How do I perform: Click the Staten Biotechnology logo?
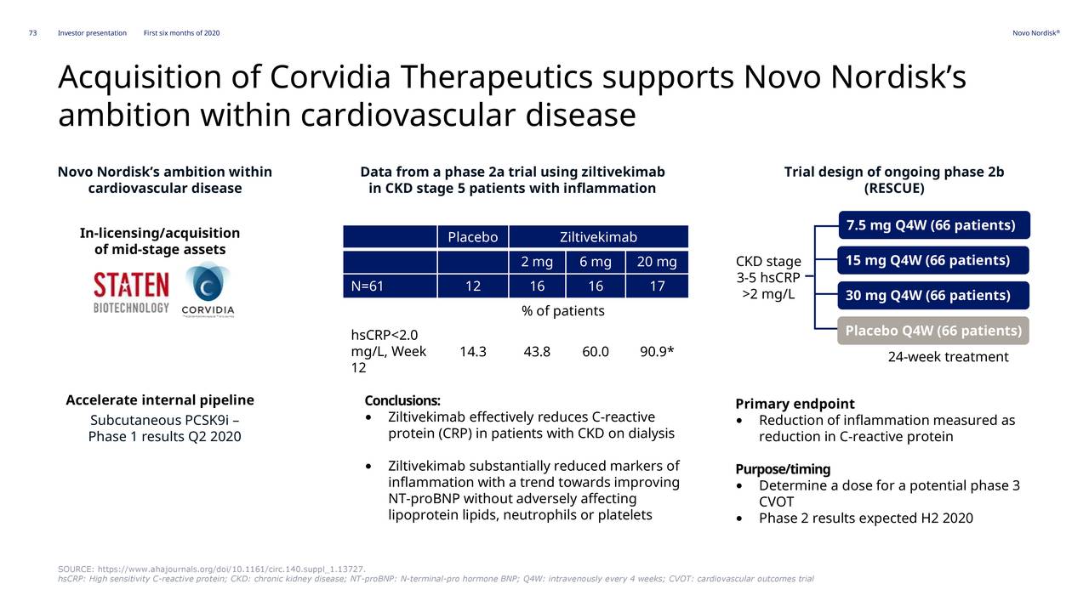[x=131, y=292]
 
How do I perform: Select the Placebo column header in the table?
[x=472, y=237]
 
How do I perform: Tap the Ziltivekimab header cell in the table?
[x=598, y=237]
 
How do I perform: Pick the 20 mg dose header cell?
[x=657, y=262]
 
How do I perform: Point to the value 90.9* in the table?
[x=657, y=352]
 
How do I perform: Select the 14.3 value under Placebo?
[x=472, y=352]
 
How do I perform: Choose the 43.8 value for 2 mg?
[x=537, y=352]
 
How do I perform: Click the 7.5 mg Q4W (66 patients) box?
[x=933, y=225]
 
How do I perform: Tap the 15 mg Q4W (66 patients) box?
[x=933, y=260]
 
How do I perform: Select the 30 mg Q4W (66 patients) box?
[x=933, y=295]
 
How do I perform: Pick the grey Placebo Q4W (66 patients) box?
[x=933, y=331]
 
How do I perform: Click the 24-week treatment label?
[x=948, y=357]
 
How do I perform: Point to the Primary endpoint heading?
[x=795, y=404]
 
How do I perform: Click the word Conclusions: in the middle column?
[x=402, y=400]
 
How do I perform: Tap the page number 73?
[x=32, y=33]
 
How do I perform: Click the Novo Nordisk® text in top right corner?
[x=1035, y=33]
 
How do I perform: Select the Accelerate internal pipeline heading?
[x=160, y=400]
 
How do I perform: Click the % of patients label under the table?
[x=562, y=311]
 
